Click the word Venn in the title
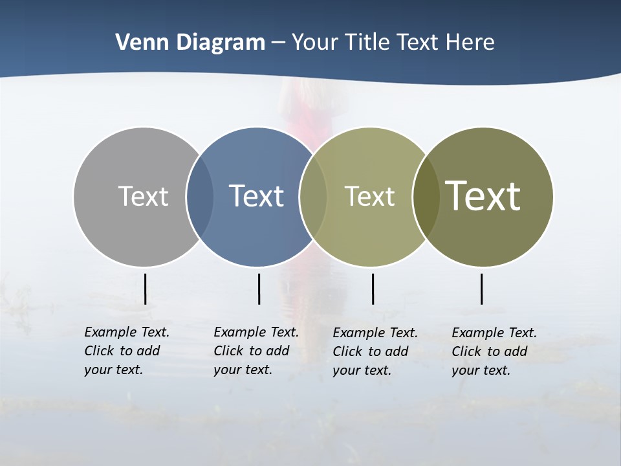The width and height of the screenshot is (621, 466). click(135, 42)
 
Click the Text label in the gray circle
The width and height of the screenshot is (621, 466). click(143, 196)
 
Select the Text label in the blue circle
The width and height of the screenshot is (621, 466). click(256, 196)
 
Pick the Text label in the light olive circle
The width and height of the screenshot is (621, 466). click(369, 196)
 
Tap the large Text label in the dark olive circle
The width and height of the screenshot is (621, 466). click(483, 196)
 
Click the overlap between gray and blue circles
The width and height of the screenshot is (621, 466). click(200, 196)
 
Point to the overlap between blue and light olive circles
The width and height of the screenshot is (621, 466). click(313, 196)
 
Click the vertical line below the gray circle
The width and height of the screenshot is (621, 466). click(145, 289)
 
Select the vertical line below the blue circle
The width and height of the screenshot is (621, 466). click(259, 289)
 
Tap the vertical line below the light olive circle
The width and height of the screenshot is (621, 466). click(373, 289)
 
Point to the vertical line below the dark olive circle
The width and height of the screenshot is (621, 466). click(481, 289)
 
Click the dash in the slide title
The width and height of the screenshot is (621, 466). click(278, 43)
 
